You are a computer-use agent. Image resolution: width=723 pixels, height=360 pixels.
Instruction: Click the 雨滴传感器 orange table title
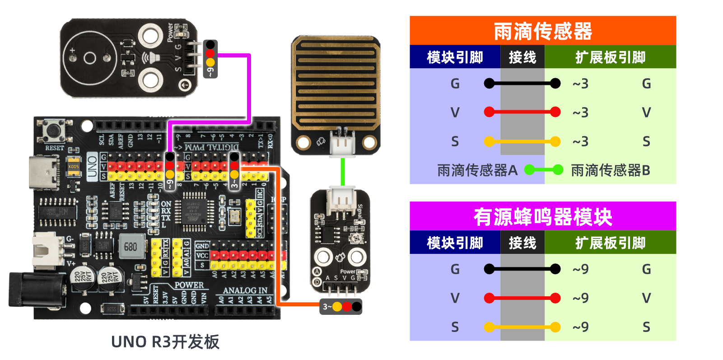[542, 31]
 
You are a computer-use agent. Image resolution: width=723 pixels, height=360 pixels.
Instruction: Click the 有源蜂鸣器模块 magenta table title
[542, 217]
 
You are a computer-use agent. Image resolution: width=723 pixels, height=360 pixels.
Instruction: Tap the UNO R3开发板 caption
[165, 342]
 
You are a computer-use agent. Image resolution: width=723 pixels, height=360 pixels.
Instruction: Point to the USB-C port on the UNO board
[43, 172]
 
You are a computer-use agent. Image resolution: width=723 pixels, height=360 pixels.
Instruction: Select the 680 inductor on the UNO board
[131, 247]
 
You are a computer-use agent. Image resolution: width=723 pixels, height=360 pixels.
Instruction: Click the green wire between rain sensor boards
[343, 172]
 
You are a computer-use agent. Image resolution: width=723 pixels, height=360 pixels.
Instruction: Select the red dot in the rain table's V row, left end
[489, 112]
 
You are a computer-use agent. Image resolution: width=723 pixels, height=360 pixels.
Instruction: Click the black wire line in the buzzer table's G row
[522, 269]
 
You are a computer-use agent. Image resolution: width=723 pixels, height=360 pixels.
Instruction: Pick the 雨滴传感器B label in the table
[610, 170]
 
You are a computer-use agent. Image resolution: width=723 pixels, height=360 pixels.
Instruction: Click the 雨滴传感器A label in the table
[477, 170]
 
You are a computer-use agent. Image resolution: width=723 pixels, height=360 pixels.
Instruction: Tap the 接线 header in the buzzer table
[522, 243]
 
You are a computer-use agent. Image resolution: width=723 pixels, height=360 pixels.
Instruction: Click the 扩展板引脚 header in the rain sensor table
[610, 57]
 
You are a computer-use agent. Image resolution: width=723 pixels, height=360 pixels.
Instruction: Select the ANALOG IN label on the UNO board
[245, 290]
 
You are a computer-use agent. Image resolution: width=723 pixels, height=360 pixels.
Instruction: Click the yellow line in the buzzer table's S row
[522, 327]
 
